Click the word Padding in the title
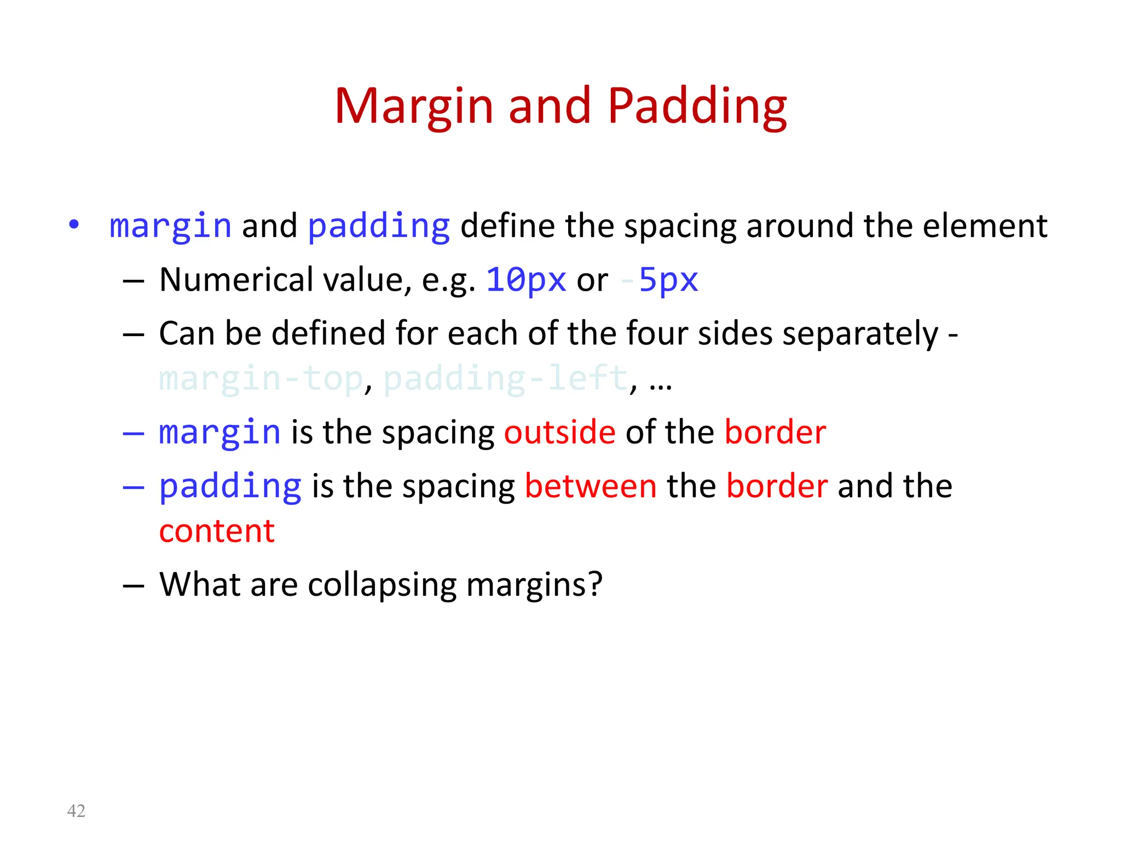tap(697, 107)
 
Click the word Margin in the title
tap(414, 107)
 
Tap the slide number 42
tap(76, 811)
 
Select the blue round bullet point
tap(74, 224)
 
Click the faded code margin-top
tap(261, 378)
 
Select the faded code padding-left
tap(505, 378)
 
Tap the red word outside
tap(559, 432)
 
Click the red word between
tap(591, 486)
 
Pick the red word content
tap(217, 531)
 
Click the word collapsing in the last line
tap(382, 585)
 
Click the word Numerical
tap(236, 280)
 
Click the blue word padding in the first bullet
tap(379, 226)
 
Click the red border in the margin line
tap(775, 432)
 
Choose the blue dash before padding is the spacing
tap(133, 487)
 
